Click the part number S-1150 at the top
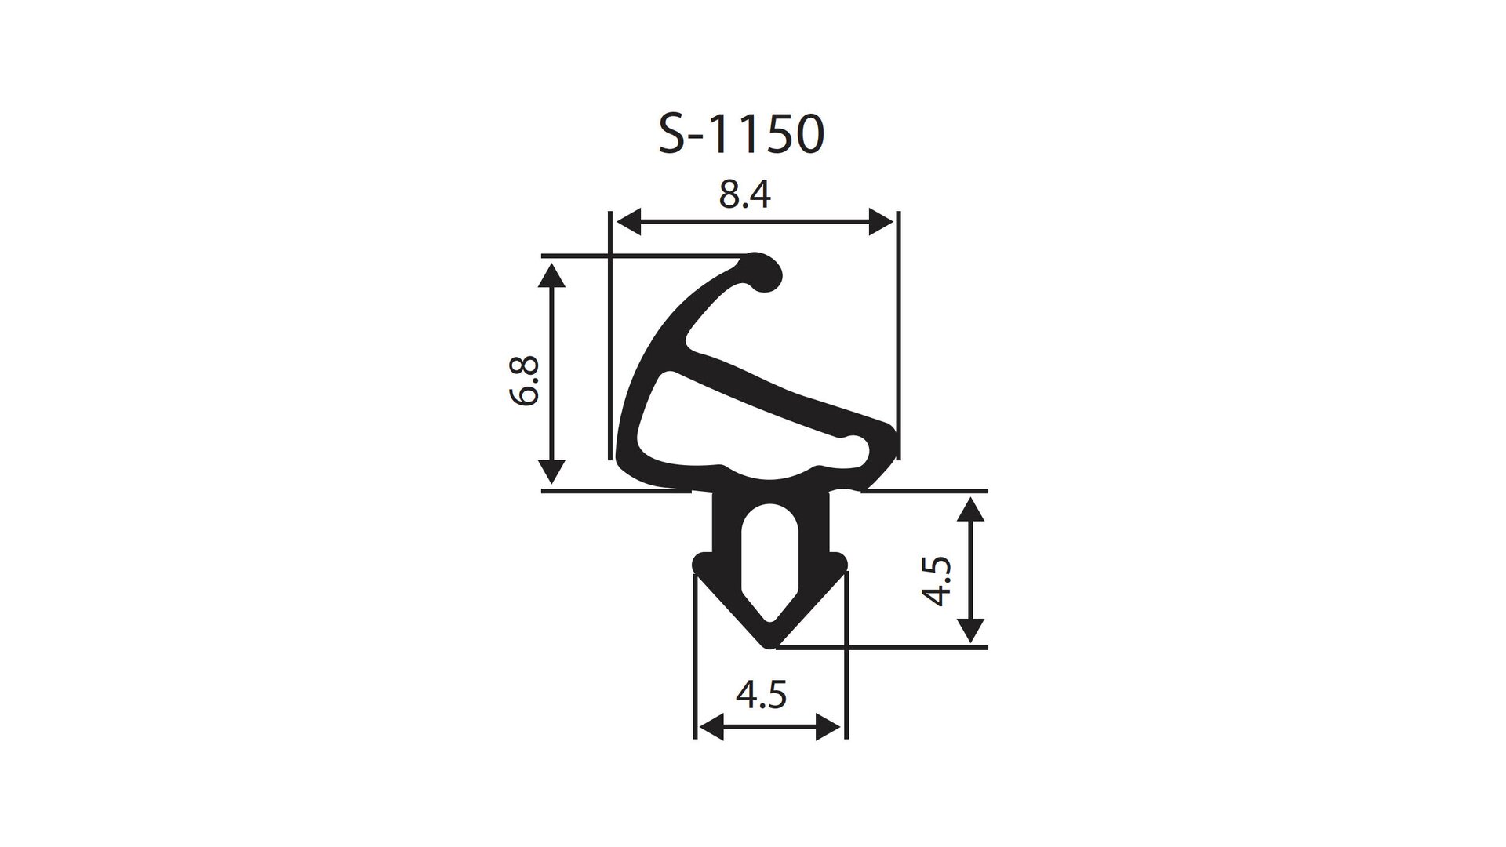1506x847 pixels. coord(741,135)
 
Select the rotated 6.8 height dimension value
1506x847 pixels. coord(524,380)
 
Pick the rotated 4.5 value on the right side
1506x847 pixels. coord(937,581)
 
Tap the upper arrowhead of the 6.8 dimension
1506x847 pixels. coord(552,276)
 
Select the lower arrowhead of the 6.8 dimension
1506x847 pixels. coord(552,471)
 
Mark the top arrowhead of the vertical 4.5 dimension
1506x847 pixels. coord(971,511)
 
